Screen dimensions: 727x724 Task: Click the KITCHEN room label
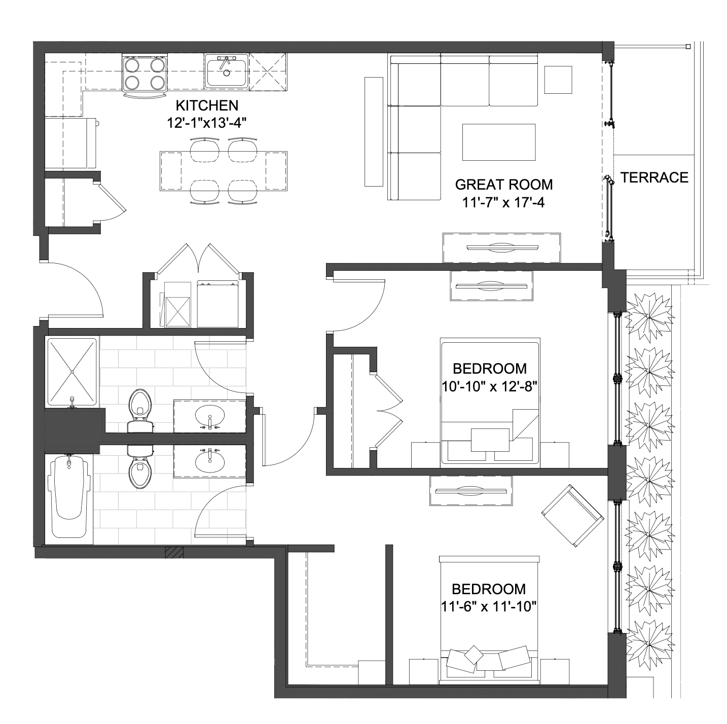(207, 105)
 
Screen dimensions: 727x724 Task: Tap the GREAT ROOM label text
(503, 185)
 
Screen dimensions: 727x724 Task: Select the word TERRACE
(655, 177)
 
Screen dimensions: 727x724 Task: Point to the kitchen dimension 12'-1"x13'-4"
(207, 123)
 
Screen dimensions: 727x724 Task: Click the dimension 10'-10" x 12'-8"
(489, 386)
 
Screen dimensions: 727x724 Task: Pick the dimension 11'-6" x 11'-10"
(489, 607)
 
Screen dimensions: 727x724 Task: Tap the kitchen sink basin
(226, 71)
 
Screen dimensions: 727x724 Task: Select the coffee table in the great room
(499, 142)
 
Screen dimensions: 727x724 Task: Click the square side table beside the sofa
(558, 80)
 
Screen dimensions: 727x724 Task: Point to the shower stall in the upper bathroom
(71, 372)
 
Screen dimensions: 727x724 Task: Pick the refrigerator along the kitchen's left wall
(71, 142)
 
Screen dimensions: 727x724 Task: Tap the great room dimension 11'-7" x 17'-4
(503, 203)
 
